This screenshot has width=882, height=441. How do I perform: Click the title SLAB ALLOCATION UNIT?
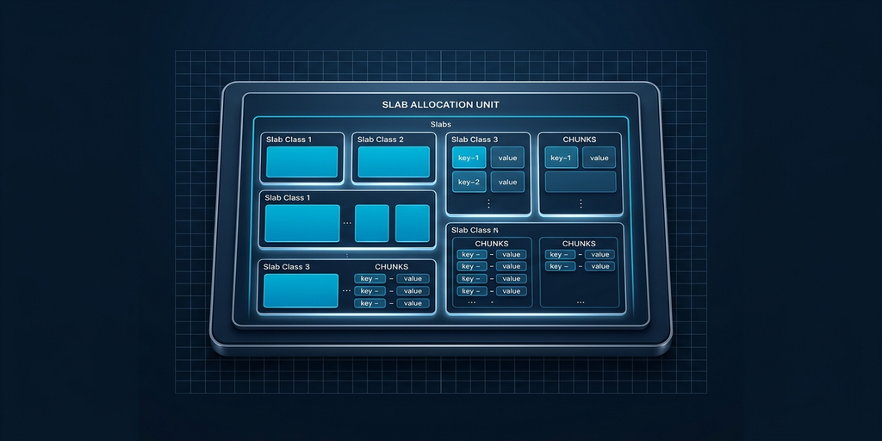click(x=440, y=104)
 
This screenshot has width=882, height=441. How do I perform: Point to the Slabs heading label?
click(x=440, y=125)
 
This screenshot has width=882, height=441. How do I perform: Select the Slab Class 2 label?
click(x=380, y=140)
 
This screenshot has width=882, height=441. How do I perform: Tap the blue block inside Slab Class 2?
click(x=393, y=162)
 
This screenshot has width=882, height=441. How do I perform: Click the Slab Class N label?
click(x=475, y=230)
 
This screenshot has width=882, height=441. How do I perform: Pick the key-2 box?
click(x=469, y=182)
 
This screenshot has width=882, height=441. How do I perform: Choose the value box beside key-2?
click(x=507, y=182)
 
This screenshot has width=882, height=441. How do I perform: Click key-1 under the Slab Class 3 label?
click(x=469, y=158)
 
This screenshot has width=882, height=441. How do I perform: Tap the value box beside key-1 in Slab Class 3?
click(x=507, y=158)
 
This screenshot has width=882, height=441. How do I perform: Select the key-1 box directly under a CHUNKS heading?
click(x=561, y=158)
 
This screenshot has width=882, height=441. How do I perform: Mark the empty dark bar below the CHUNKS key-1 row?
click(x=581, y=182)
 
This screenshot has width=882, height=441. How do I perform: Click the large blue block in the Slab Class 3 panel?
click(x=301, y=290)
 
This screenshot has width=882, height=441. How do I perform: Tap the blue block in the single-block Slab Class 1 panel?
click(x=301, y=162)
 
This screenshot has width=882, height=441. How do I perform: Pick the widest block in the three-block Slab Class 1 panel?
click(x=301, y=223)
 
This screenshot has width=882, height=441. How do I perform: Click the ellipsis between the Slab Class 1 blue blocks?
click(x=347, y=224)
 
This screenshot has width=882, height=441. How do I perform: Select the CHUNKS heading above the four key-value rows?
click(x=492, y=243)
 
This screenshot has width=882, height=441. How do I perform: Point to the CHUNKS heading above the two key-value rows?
click(x=580, y=243)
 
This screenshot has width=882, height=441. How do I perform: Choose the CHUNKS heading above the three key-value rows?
click(x=391, y=267)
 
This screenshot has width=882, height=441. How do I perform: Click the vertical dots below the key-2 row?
click(x=488, y=203)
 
